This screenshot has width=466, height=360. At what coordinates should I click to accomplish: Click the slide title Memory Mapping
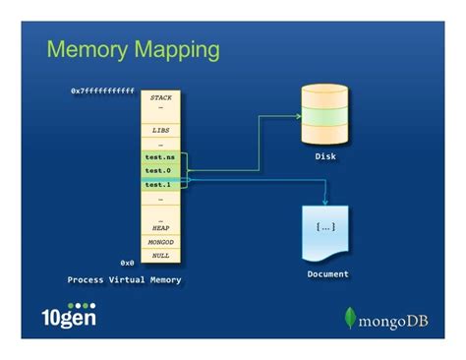pyautogui.click(x=133, y=48)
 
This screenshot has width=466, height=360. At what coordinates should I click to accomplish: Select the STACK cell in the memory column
pyautogui.click(x=160, y=98)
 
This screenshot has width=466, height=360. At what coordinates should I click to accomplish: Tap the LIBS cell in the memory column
pyautogui.click(x=160, y=129)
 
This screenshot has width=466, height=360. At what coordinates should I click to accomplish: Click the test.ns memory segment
pyautogui.click(x=159, y=156)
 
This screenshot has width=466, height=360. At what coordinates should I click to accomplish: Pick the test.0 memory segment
pyautogui.click(x=159, y=170)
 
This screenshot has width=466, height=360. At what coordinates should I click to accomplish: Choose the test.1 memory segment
pyautogui.click(x=159, y=184)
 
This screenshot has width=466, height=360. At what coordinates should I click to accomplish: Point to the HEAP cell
pyautogui.click(x=160, y=227)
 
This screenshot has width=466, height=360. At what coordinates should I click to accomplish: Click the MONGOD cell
pyautogui.click(x=160, y=241)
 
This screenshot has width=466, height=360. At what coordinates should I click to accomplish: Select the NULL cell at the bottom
pyautogui.click(x=160, y=255)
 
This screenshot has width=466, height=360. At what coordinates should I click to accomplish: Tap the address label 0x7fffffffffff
pyautogui.click(x=102, y=90)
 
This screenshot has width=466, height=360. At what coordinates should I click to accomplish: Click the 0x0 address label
pyautogui.click(x=127, y=263)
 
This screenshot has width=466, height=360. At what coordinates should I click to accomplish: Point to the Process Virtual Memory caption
pyautogui.click(x=124, y=279)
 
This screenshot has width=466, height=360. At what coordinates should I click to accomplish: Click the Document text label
pyautogui.click(x=327, y=273)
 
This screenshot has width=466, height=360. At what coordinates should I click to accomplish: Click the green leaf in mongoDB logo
pyautogui.click(x=349, y=317)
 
